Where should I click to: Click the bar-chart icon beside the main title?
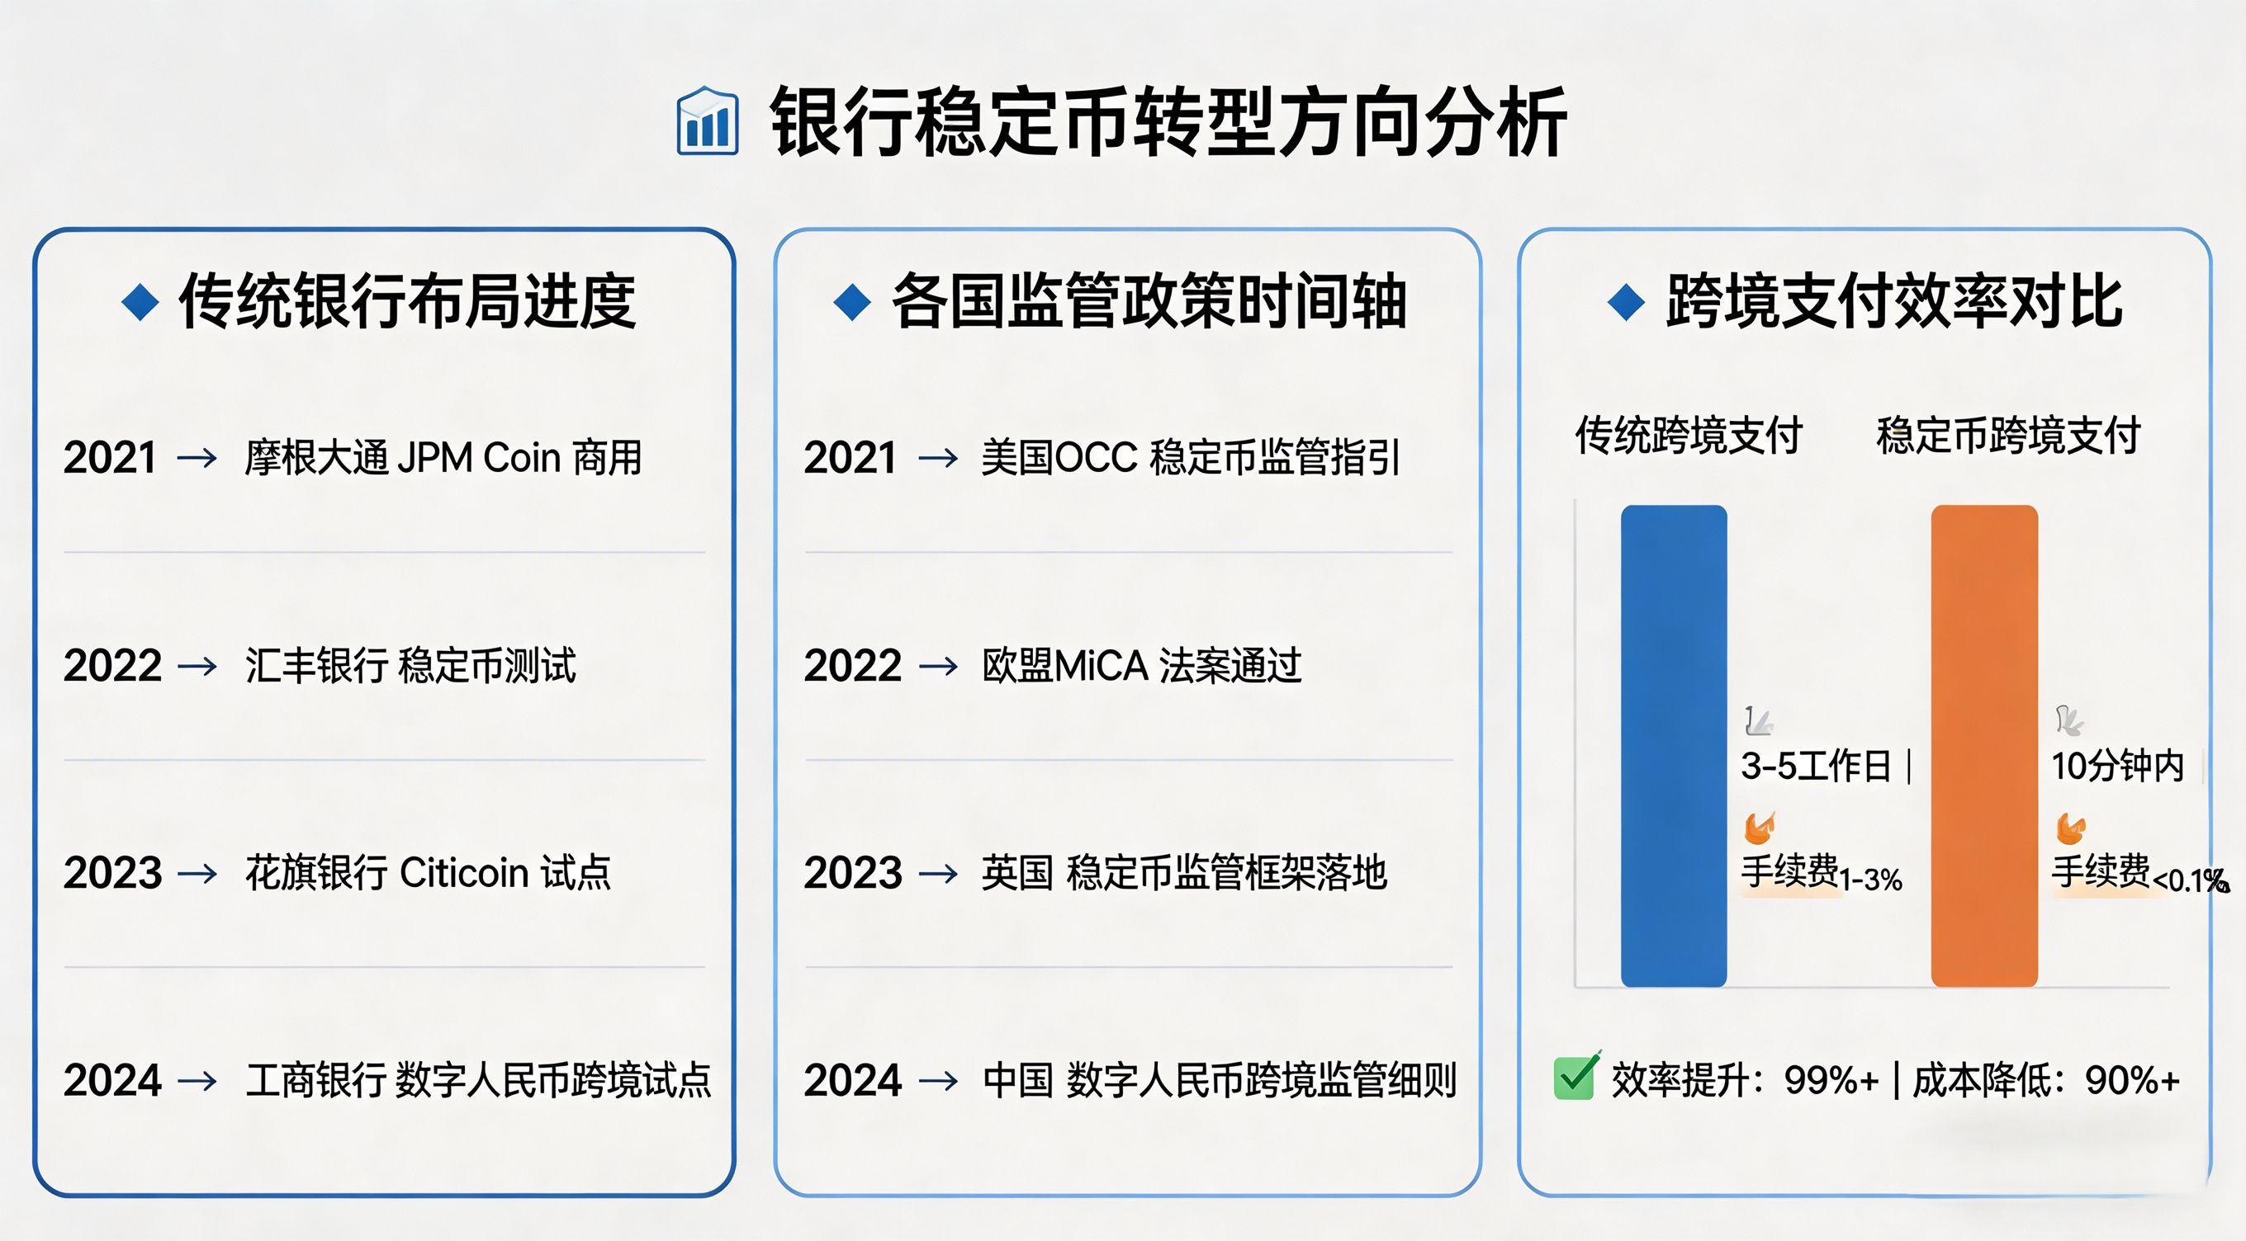(x=707, y=122)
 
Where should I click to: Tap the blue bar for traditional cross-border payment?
(x=1673, y=746)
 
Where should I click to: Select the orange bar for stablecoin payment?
(x=1983, y=746)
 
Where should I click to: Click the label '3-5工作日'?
(x=1815, y=766)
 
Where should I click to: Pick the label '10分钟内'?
(x=2117, y=766)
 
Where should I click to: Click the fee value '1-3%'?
(x=1870, y=880)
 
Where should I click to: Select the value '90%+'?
(x=2132, y=1081)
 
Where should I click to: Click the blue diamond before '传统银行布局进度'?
(x=140, y=302)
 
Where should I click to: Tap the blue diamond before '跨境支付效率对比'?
(x=1626, y=302)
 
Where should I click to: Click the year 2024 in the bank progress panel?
(x=112, y=1081)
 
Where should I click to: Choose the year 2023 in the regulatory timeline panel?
(x=853, y=873)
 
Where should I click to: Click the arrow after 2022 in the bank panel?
(x=197, y=667)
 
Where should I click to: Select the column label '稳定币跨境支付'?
(x=2009, y=435)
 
